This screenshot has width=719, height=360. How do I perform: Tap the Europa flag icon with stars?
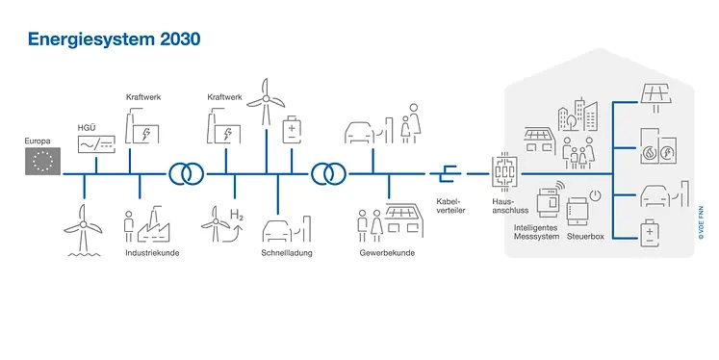point(43,162)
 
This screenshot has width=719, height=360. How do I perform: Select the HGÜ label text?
point(87,127)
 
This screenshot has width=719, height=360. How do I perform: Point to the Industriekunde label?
point(152,253)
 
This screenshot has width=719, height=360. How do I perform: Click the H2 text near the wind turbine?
point(237,215)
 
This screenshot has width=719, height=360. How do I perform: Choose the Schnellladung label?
point(285,253)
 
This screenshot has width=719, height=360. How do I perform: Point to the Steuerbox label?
point(586,236)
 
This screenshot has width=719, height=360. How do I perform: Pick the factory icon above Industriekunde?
point(155,223)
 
